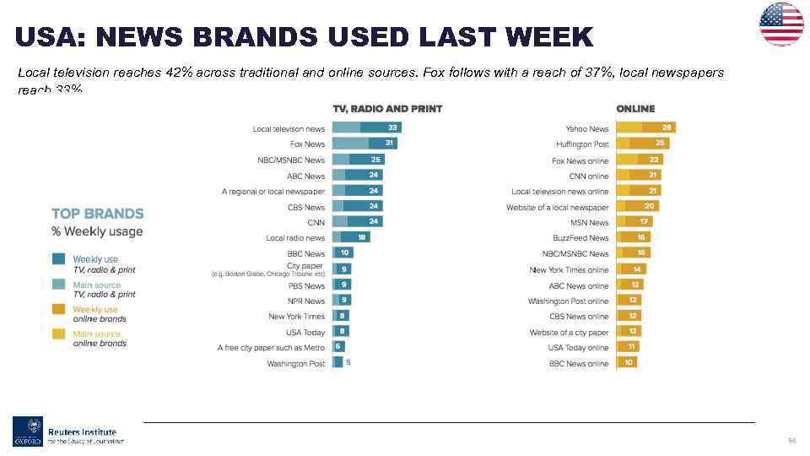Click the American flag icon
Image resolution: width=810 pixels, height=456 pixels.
point(781,24)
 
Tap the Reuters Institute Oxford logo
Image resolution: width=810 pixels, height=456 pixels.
point(68,431)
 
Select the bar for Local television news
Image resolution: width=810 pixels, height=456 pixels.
point(366,128)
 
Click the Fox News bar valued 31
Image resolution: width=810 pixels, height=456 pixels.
point(364,144)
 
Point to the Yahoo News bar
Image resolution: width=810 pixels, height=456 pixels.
point(645,128)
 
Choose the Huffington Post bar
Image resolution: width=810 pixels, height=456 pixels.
point(642,144)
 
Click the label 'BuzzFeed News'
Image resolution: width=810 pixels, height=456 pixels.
point(580,238)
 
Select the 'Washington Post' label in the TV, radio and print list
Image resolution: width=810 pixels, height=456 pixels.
point(295,364)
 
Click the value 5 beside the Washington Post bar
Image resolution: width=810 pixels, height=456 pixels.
point(348,362)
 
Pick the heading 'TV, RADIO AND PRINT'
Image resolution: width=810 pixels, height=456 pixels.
point(387,109)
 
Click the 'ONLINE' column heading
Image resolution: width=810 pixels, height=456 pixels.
point(635,109)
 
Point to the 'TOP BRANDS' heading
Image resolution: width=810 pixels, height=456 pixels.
point(97,214)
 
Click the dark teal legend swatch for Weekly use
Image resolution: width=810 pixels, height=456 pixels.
point(59,260)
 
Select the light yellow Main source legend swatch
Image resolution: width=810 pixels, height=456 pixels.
point(59,334)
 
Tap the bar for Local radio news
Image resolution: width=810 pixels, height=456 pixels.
point(350,238)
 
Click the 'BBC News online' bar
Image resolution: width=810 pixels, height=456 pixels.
point(626,363)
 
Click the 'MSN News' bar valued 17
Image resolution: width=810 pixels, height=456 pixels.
point(633,222)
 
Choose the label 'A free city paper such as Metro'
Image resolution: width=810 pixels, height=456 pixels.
point(271,348)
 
